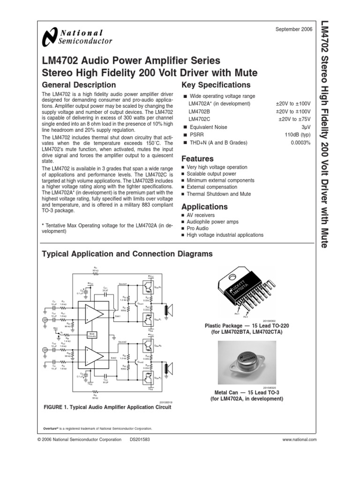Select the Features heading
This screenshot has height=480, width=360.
tap(197, 158)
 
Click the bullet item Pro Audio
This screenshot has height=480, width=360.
tap(198, 228)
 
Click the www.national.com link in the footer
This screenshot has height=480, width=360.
tap(300, 440)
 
